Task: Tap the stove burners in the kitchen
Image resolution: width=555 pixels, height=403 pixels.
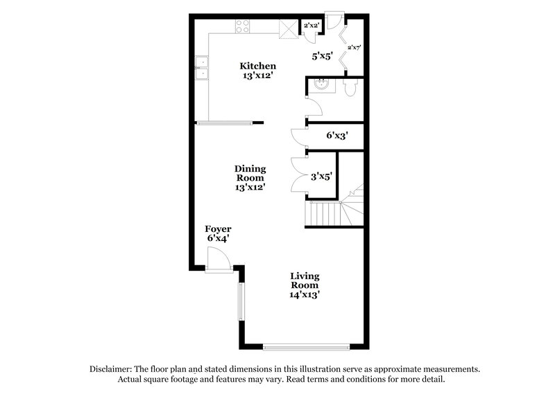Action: (x=243, y=27)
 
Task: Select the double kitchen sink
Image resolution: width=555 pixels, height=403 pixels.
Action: (x=201, y=69)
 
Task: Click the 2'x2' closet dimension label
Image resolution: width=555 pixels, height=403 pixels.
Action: (x=311, y=26)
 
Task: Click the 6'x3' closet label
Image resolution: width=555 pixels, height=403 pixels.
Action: (x=336, y=136)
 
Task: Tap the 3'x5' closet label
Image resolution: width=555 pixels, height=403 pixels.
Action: (x=322, y=177)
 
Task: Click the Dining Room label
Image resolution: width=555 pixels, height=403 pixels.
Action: (x=250, y=177)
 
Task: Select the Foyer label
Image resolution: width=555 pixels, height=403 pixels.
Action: (x=217, y=233)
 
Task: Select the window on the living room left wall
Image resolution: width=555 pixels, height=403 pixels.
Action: (x=241, y=308)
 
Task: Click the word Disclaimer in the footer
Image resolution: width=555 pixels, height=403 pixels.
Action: (x=113, y=370)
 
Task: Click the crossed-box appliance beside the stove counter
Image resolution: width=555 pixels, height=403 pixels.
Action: (x=287, y=28)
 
